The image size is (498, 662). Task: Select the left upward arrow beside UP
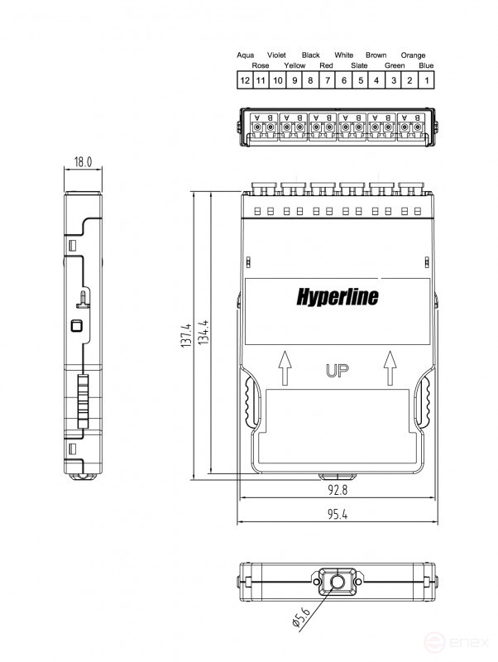285,367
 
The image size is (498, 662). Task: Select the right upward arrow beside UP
388,367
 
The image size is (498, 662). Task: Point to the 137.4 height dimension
185,336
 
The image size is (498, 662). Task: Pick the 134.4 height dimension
204,336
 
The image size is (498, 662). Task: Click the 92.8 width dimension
337,490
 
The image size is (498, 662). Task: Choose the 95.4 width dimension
337,514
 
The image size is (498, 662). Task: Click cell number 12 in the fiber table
244,80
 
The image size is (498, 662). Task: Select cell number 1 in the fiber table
426,80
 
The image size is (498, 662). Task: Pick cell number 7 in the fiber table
327,80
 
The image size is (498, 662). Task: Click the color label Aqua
245,55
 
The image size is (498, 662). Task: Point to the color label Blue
425,65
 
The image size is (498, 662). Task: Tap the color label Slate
359,65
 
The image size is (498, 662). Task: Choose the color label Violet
276,55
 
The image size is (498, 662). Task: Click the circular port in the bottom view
337,581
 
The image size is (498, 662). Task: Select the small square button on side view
77,325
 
